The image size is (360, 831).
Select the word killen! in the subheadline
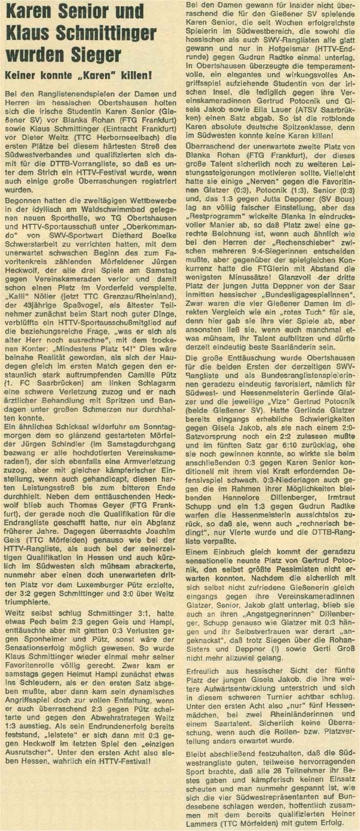(136, 76)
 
